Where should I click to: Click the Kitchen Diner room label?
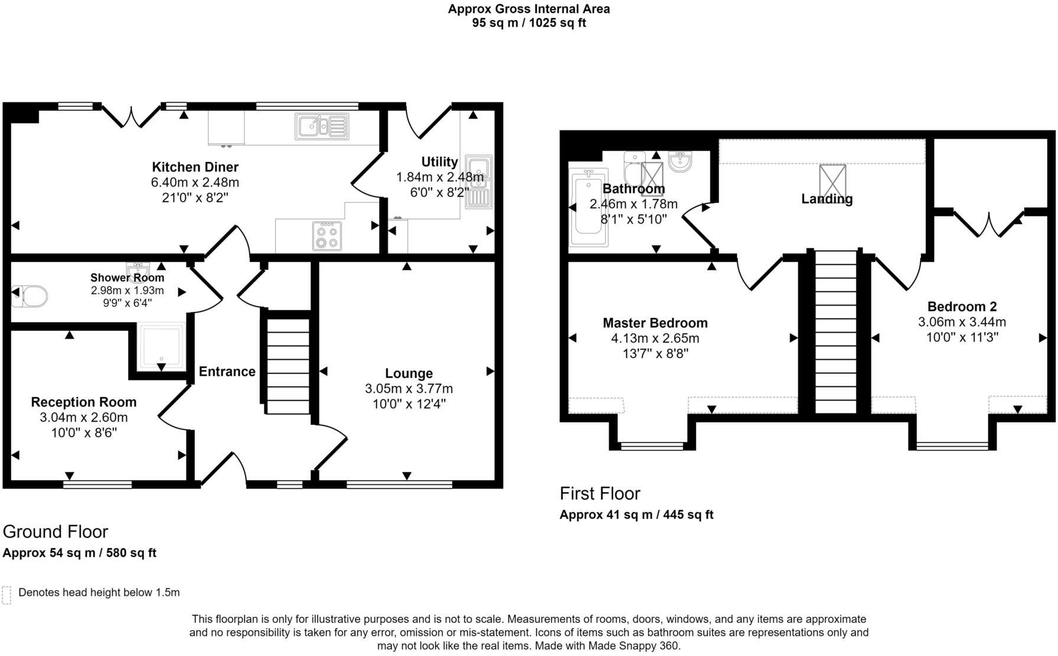[195, 167]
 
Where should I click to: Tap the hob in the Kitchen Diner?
[326, 235]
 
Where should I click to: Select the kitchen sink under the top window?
[322, 126]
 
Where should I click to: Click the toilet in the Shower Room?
[30, 296]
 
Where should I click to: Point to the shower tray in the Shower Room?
[161, 347]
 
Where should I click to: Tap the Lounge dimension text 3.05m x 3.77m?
[409, 389]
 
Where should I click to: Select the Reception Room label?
[84, 402]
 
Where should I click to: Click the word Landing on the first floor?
[827, 199]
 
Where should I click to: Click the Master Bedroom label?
[655, 323]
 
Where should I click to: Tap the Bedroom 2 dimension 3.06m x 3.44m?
[962, 322]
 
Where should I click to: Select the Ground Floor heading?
[55, 532]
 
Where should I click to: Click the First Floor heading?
[600, 493]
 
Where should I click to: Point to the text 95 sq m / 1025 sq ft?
[529, 24]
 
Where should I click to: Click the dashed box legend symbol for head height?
[6, 595]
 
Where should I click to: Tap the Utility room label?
[439, 162]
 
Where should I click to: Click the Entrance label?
[227, 371]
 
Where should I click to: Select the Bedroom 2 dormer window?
[952, 446]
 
